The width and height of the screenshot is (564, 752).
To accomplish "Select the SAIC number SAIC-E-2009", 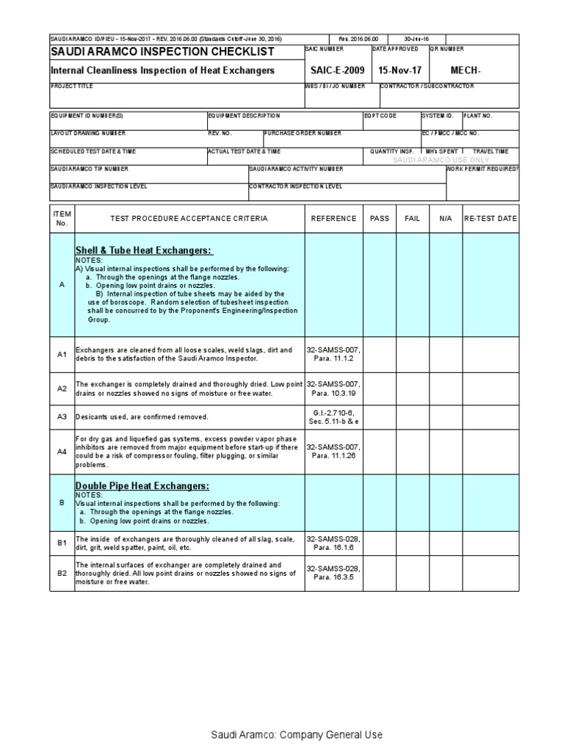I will click(x=337, y=70).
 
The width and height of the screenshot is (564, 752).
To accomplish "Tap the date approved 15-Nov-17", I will click(x=401, y=70).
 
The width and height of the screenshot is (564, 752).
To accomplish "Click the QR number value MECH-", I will click(x=464, y=70).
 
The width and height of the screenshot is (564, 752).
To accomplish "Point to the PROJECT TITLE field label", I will click(x=71, y=86).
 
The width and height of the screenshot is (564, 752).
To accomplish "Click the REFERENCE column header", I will click(x=333, y=218).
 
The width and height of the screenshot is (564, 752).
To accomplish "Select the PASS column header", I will click(x=380, y=218).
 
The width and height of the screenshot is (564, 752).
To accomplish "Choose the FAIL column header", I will click(x=413, y=218).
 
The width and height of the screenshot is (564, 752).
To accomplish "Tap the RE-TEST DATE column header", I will click(x=491, y=218).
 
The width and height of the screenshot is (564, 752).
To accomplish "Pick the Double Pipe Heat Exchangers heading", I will click(x=142, y=486).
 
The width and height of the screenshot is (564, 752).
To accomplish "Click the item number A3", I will click(x=62, y=416).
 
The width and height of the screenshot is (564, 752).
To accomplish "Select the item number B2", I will click(x=62, y=573).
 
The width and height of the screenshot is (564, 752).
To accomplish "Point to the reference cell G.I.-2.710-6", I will click(x=333, y=412).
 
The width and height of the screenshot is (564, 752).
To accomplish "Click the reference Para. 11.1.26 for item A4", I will click(x=333, y=455).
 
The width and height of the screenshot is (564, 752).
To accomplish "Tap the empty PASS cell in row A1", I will click(x=380, y=355).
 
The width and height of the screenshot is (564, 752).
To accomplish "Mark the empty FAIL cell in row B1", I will click(x=413, y=543).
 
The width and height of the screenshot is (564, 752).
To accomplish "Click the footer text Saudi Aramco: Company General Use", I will click(x=297, y=734).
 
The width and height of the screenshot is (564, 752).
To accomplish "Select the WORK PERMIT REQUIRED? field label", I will click(x=482, y=169).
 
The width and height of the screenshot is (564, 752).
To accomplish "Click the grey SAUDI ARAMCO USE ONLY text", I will click(x=441, y=159).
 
